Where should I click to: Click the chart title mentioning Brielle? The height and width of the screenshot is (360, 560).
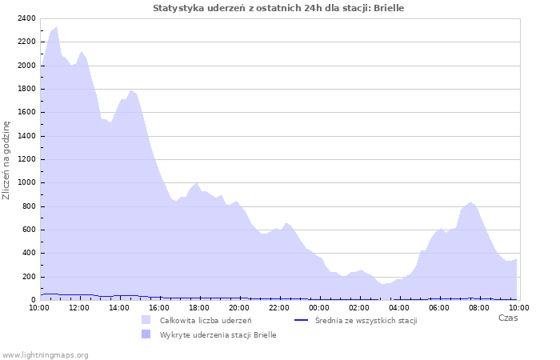[x=278, y=8]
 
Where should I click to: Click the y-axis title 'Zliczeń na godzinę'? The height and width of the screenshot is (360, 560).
[x=6, y=160]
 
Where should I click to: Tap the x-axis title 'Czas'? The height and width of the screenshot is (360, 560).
[x=507, y=318]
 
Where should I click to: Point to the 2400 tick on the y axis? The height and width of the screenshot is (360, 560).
[x=26, y=18]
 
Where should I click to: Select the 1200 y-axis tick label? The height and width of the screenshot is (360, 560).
[x=26, y=159]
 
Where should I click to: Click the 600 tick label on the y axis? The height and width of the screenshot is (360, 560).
[x=29, y=230]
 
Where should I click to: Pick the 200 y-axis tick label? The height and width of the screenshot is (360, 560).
[x=29, y=277]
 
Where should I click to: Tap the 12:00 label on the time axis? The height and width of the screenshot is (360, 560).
[x=79, y=307]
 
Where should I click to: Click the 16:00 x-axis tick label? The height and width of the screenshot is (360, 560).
[x=159, y=307]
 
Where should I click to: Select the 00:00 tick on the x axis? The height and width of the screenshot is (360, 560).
[x=319, y=307]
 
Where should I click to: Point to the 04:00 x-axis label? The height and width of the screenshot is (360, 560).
[x=399, y=307]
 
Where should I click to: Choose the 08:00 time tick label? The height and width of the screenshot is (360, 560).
[x=479, y=307]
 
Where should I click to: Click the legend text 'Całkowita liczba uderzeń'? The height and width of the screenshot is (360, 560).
[x=206, y=321]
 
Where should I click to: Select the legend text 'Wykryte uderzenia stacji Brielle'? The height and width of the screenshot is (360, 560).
[x=218, y=335]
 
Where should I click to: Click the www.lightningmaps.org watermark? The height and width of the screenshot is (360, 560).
[x=46, y=354]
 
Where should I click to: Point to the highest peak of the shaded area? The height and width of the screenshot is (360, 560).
[x=56, y=27]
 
